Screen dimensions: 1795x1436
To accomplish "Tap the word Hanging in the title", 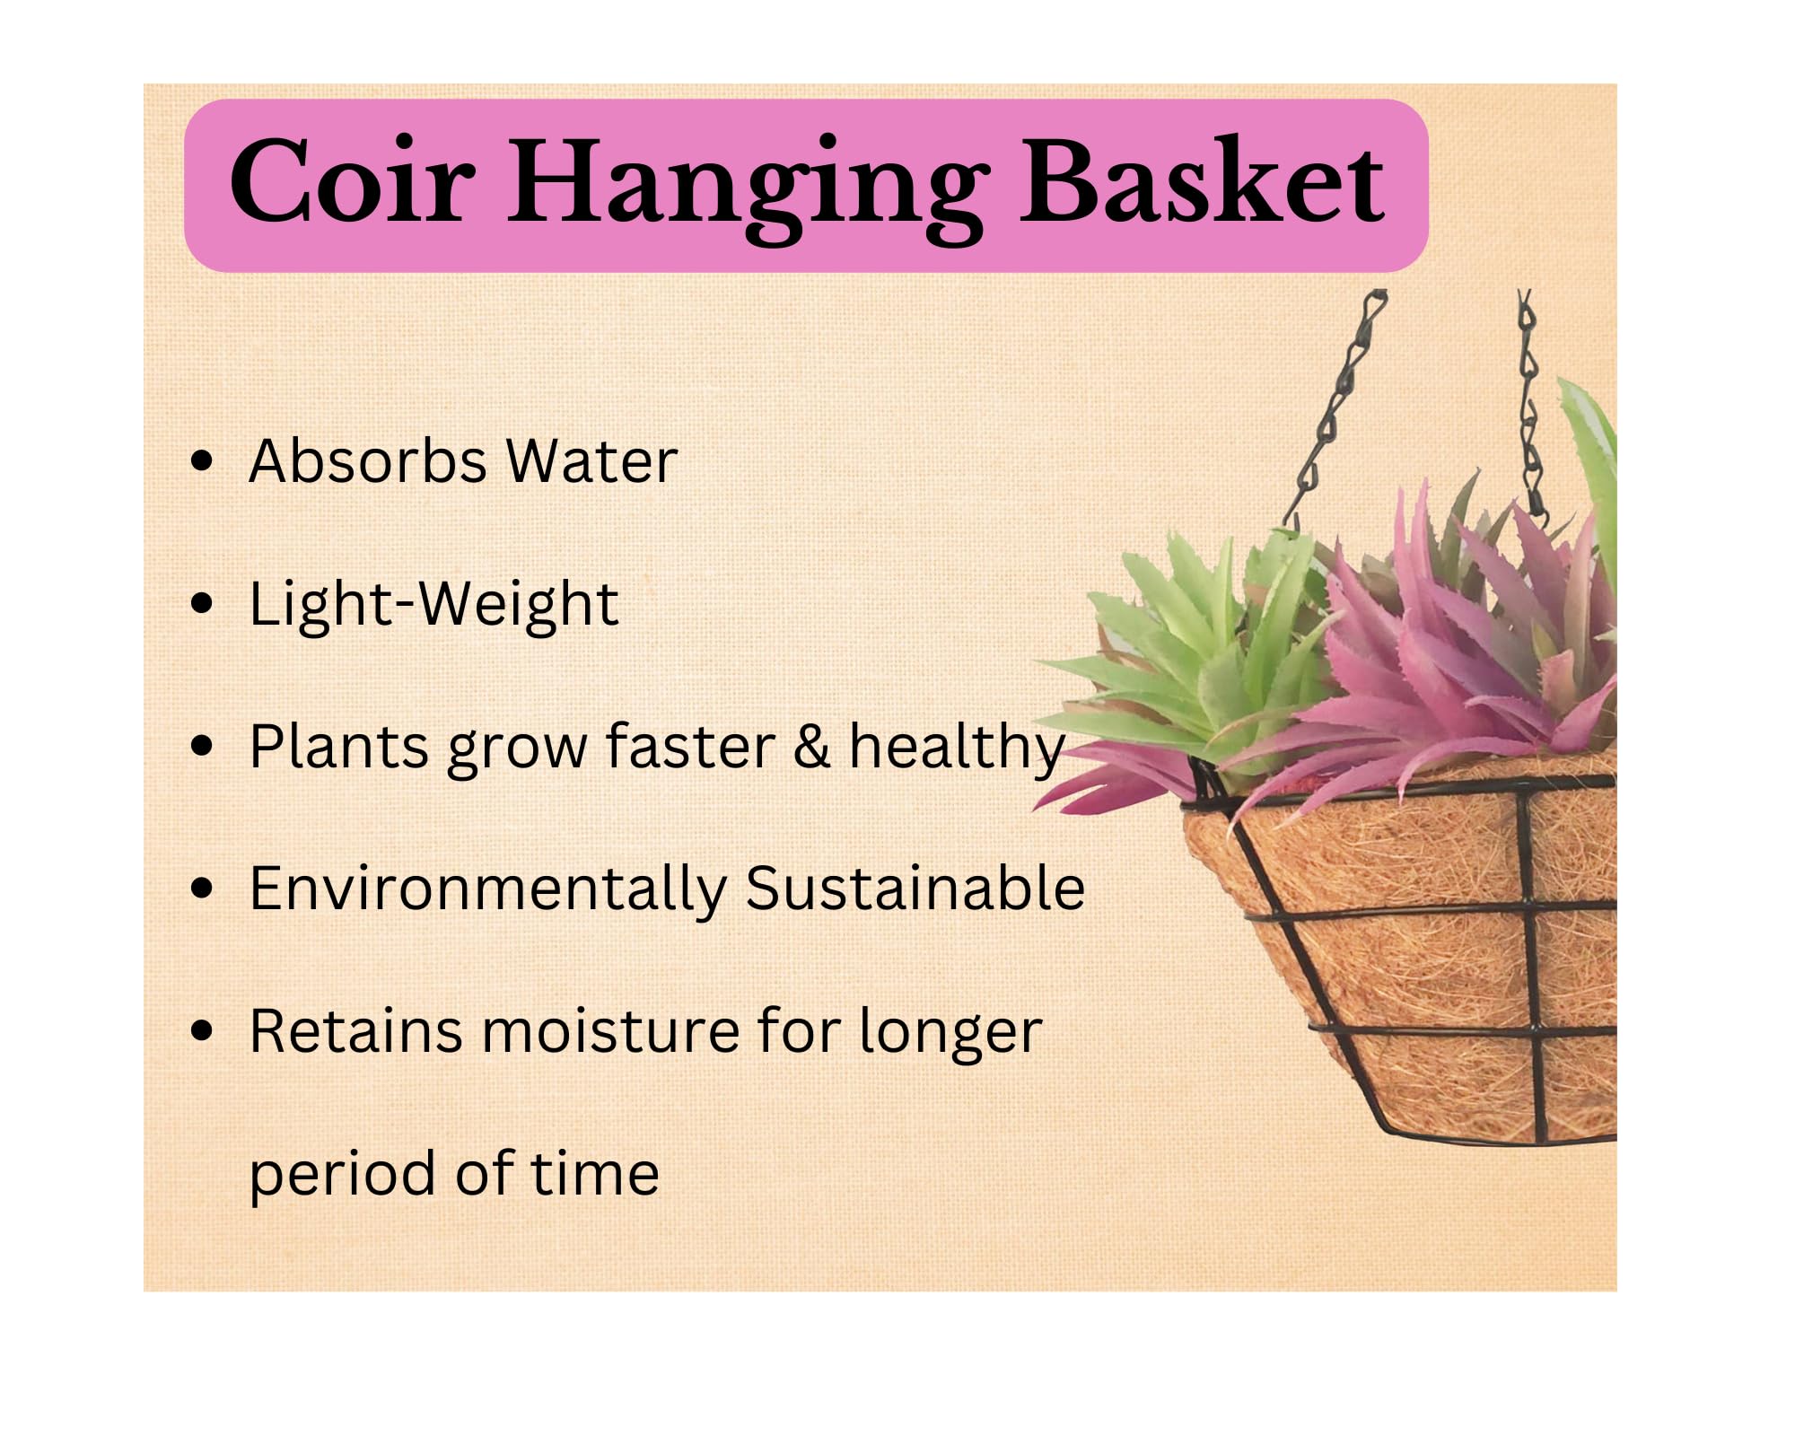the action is pyautogui.click(x=749, y=188).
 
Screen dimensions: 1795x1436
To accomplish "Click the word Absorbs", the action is pyautogui.click(x=366, y=461).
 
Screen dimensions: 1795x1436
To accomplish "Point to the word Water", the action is pyautogui.click(x=591, y=461).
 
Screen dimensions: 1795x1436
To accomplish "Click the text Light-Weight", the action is pyautogui.click(x=433, y=604).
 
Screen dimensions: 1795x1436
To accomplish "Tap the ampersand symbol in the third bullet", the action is pyautogui.click(x=811, y=746).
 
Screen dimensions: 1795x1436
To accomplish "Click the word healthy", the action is pyautogui.click(x=957, y=749).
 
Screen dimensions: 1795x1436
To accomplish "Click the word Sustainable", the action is pyautogui.click(x=915, y=888).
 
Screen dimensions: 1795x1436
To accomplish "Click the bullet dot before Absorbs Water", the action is pyautogui.click(x=204, y=462).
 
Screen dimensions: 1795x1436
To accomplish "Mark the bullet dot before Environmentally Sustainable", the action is pyautogui.click(x=204, y=889).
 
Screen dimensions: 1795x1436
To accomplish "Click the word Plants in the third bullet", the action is pyautogui.click(x=338, y=746).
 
